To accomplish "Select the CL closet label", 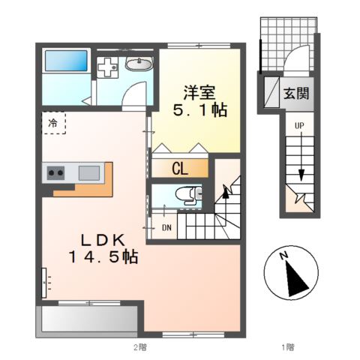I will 181,169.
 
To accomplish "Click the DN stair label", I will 166,227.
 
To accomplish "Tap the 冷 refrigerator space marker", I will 53,121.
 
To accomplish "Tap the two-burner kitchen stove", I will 55,172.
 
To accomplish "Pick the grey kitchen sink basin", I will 89,172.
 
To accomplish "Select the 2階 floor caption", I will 139,346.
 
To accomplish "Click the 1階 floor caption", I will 287,346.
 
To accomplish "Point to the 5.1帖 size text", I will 200,111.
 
